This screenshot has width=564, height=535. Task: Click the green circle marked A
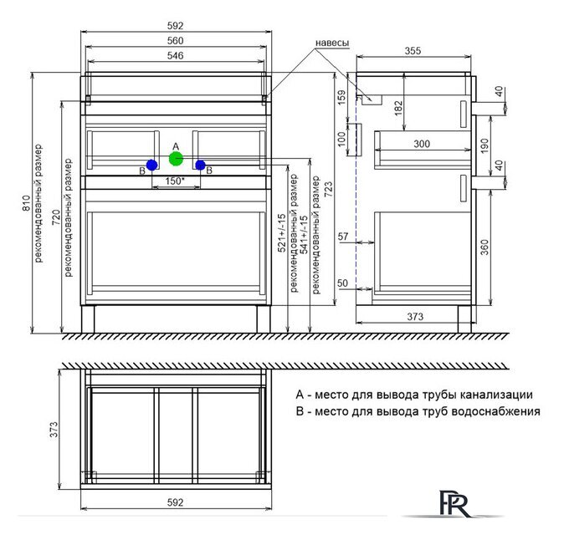click(176, 159)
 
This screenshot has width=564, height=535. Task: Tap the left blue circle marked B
click(152, 166)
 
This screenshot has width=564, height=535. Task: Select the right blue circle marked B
click(200, 166)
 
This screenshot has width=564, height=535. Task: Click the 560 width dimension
click(175, 41)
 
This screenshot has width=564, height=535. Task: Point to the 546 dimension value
click(175, 56)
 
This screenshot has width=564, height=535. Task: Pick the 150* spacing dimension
click(175, 181)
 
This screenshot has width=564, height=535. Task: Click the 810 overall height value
click(26, 203)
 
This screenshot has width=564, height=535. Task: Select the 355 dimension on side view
click(413, 51)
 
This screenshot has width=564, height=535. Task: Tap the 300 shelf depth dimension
click(422, 144)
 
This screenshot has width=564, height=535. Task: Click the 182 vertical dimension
click(398, 108)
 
